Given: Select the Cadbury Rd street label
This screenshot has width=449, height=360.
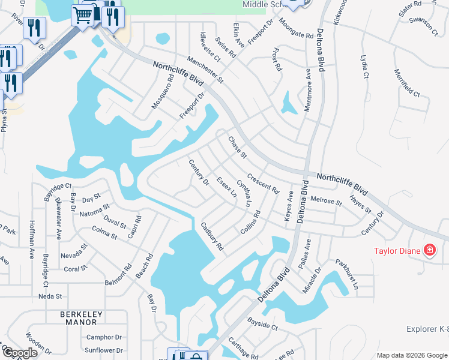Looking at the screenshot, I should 212,236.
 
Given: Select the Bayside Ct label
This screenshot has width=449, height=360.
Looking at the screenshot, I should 264,327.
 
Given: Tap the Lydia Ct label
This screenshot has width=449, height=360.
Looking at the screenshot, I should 364,66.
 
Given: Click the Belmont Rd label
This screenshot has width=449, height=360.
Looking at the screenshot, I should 118,273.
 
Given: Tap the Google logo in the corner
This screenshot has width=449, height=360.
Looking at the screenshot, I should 20,353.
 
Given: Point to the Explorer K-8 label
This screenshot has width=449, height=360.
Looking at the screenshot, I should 427,329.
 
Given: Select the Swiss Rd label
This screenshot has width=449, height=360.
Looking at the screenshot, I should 224,47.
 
